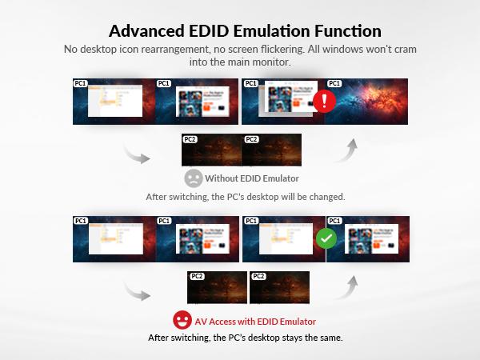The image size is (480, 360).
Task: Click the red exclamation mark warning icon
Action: (x=324, y=102)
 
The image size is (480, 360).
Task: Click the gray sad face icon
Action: (x=193, y=178)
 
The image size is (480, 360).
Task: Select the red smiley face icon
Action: (x=182, y=321)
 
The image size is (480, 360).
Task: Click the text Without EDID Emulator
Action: (x=250, y=178)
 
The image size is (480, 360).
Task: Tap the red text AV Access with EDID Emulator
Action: (x=254, y=321)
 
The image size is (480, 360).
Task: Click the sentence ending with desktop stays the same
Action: (x=245, y=337)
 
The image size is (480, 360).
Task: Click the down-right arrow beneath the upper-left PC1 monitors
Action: (x=137, y=154)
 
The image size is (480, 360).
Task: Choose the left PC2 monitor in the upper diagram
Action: (x=211, y=150)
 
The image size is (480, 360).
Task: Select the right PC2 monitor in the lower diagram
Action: (x=279, y=288)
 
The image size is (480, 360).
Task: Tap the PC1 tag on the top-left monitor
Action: (x=81, y=83)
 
